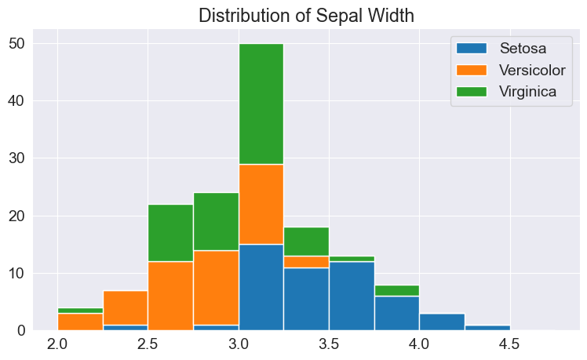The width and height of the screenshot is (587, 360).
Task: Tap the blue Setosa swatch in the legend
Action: click(472, 48)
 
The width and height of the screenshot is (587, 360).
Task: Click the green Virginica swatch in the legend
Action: click(472, 91)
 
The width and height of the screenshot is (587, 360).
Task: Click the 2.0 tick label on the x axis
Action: click(57, 344)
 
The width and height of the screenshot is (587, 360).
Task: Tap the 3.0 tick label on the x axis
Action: click(239, 344)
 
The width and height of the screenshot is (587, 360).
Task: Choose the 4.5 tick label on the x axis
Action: click(510, 344)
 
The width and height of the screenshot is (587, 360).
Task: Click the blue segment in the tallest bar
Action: click(261, 287)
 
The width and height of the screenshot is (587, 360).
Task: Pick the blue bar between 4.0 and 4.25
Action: click(442, 322)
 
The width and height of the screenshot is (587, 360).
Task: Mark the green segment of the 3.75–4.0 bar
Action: click(396, 290)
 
